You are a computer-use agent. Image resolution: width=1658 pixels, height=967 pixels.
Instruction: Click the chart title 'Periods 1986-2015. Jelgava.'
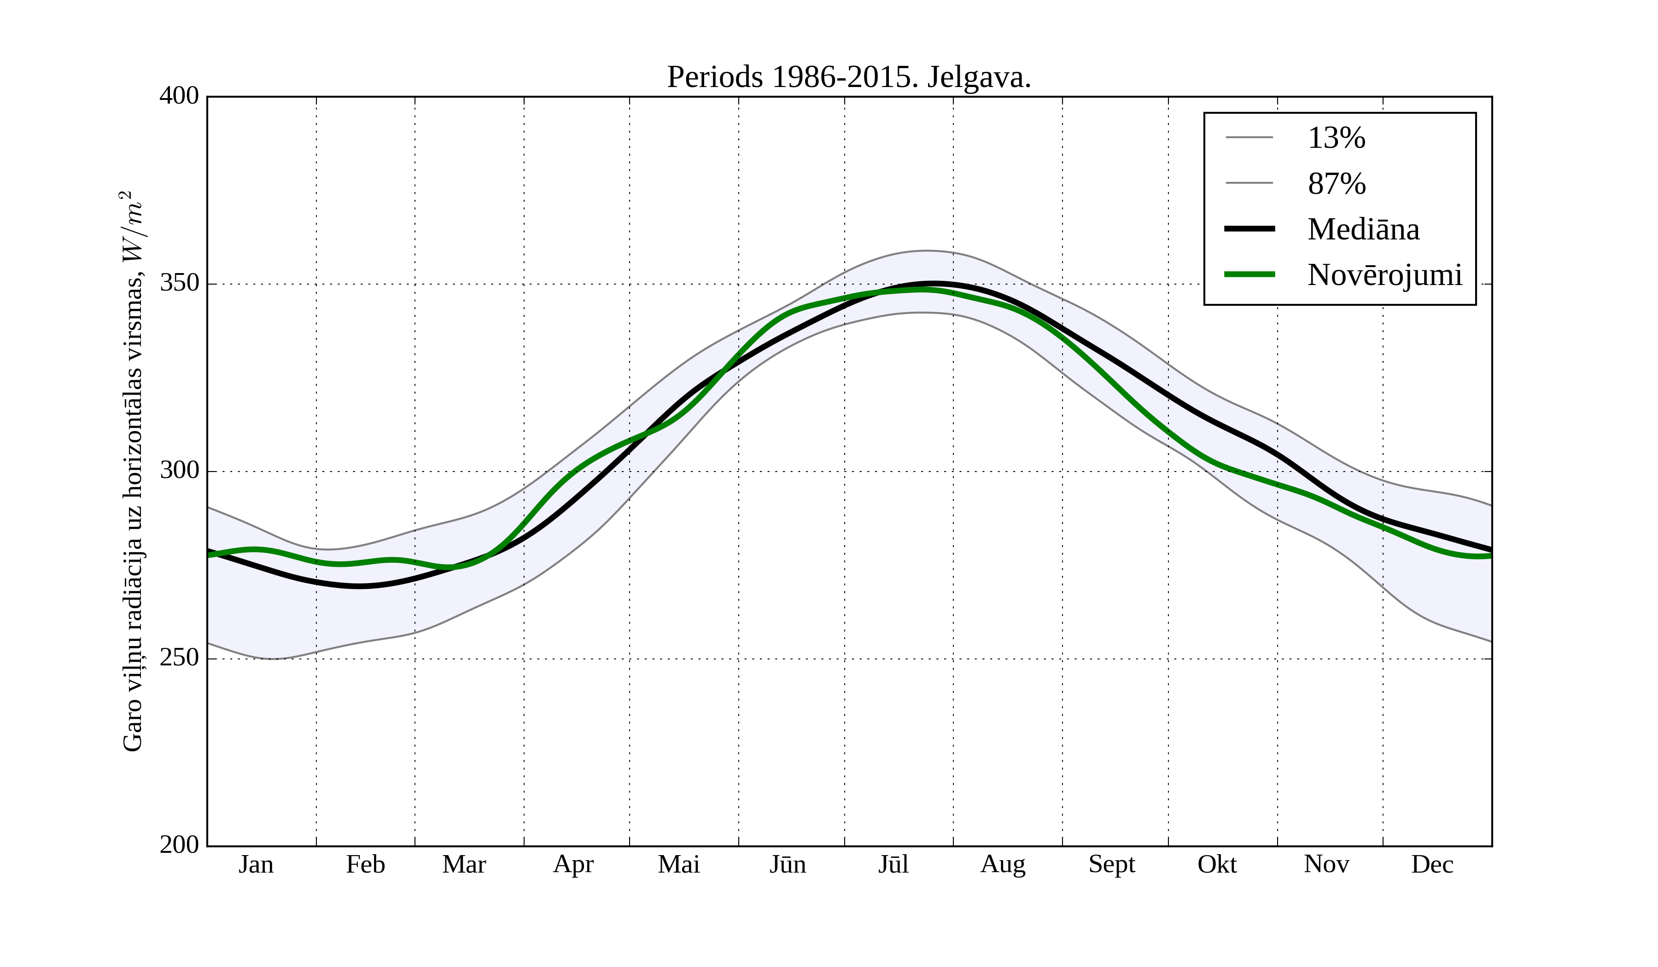(x=849, y=78)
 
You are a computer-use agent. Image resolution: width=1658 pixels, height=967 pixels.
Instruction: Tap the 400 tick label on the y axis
(x=179, y=96)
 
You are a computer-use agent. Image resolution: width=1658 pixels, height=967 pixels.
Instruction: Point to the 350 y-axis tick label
(x=179, y=284)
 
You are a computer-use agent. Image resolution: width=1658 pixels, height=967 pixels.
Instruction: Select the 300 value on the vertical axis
(x=179, y=471)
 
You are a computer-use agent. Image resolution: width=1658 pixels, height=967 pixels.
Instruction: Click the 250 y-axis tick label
(x=179, y=658)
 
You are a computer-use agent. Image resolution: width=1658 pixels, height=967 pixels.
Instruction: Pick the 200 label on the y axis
(x=179, y=845)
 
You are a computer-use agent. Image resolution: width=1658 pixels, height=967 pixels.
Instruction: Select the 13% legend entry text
(x=1336, y=138)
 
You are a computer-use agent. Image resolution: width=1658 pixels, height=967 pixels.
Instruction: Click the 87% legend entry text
(x=1336, y=184)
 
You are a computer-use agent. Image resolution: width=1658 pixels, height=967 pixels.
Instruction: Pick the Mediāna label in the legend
(x=1363, y=230)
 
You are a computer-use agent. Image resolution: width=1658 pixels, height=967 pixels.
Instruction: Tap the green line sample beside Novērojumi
(x=1249, y=274)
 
